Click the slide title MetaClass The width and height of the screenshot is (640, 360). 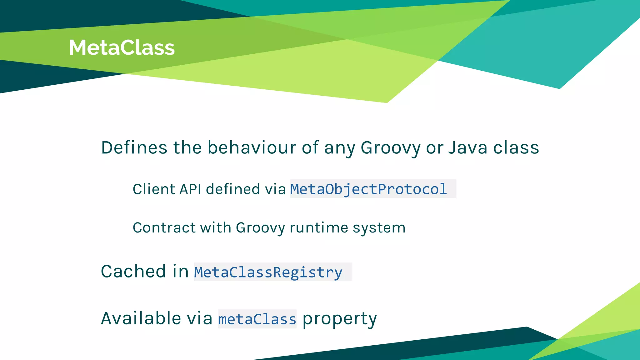pyautogui.click(x=122, y=48)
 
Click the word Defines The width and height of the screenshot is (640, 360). pyautogui.click(x=134, y=147)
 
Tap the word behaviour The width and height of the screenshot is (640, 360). pyautogui.click(x=252, y=147)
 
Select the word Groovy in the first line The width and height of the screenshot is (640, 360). pyautogui.click(x=390, y=148)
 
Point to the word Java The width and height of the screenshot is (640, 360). pyautogui.click(x=467, y=147)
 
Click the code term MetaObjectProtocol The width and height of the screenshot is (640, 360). pyautogui.click(x=368, y=189)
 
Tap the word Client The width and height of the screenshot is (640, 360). pyautogui.click(x=153, y=189)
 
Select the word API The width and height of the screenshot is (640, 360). pyautogui.click(x=190, y=189)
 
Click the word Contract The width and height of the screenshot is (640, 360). pyautogui.click(x=164, y=227)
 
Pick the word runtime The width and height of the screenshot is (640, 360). pyautogui.click(x=319, y=227)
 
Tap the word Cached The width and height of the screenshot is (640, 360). pyautogui.click(x=133, y=271)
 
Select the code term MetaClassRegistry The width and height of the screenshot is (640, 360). pyautogui.click(x=268, y=272)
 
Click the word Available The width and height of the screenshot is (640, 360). pyautogui.click(x=141, y=318)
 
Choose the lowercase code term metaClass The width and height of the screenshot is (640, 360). pyautogui.click(x=257, y=319)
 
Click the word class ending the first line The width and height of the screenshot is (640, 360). pyautogui.click(x=516, y=147)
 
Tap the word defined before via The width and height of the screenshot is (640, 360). pyautogui.click(x=233, y=189)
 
